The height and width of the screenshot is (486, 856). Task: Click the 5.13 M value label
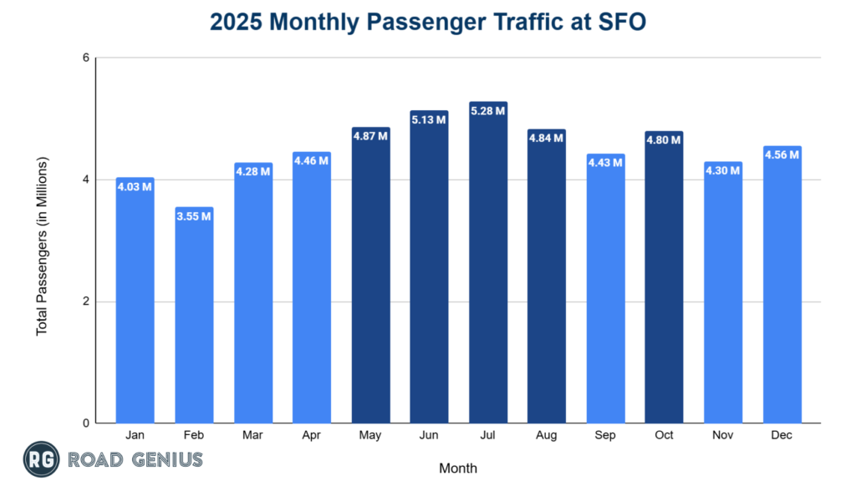pos(429,120)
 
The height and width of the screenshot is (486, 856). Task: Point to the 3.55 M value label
pos(194,216)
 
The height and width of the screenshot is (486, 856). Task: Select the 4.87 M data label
pos(370,136)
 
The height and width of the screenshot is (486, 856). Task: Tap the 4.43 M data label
pos(606,163)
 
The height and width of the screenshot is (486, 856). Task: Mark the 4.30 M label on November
pos(724,170)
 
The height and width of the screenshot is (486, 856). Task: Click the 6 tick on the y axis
pos(85,58)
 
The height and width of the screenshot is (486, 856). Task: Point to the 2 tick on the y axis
pos(85,301)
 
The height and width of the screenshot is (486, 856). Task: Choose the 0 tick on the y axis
pos(85,423)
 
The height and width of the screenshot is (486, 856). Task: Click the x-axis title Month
pos(458,468)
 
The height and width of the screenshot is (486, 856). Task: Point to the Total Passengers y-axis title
pos(42,246)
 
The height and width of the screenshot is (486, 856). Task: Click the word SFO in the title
pos(622,23)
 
